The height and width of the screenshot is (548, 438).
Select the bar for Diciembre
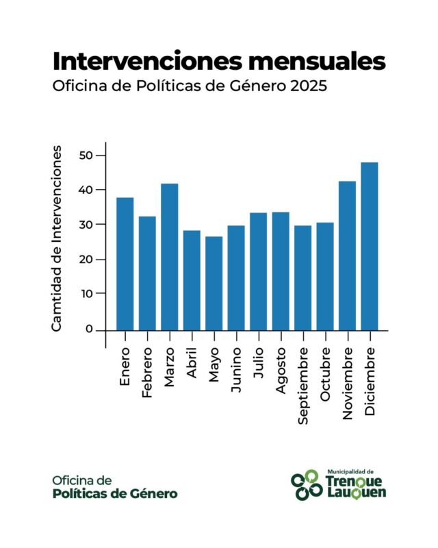pos(370,246)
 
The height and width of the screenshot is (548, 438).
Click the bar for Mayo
pos(214,283)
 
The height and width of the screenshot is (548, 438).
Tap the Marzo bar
pos(170,257)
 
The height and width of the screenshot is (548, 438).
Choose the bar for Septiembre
pos(302,277)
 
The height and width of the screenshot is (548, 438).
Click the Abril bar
pos(192,280)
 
